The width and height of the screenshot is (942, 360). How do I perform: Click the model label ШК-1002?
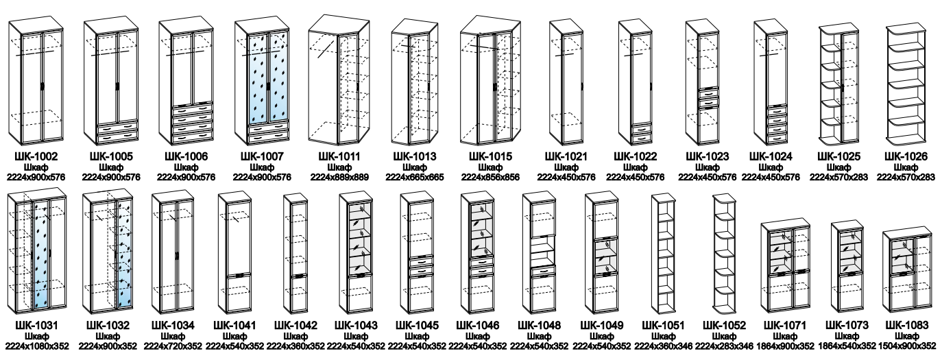[x=36, y=156]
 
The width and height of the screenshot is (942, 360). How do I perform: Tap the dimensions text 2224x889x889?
[x=340, y=177]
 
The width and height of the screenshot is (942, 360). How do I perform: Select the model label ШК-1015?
[x=490, y=156]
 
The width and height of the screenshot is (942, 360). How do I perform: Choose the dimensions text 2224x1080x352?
[x=37, y=346]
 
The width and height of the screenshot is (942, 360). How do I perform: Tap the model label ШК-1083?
[x=906, y=325]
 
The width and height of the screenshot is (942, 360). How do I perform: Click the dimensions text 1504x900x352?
[x=907, y=346]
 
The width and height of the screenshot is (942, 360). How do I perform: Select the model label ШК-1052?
[x=724, y=325]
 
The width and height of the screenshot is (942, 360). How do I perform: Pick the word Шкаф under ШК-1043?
[x=356, y=336]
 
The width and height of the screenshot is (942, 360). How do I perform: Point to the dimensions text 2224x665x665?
[x=415, y=177]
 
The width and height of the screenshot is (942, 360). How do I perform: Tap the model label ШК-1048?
[x=539, y=325]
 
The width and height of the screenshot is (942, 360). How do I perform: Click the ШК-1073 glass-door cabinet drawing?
[x=847, y=267]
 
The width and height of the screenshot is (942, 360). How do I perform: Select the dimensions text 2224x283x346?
[x=724, y=346]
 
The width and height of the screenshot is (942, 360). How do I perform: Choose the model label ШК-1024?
[x=771, y=156]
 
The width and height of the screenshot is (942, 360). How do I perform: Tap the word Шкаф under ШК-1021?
[x=566, y=167]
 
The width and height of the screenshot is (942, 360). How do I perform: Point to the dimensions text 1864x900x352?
[x=785, y=346]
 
